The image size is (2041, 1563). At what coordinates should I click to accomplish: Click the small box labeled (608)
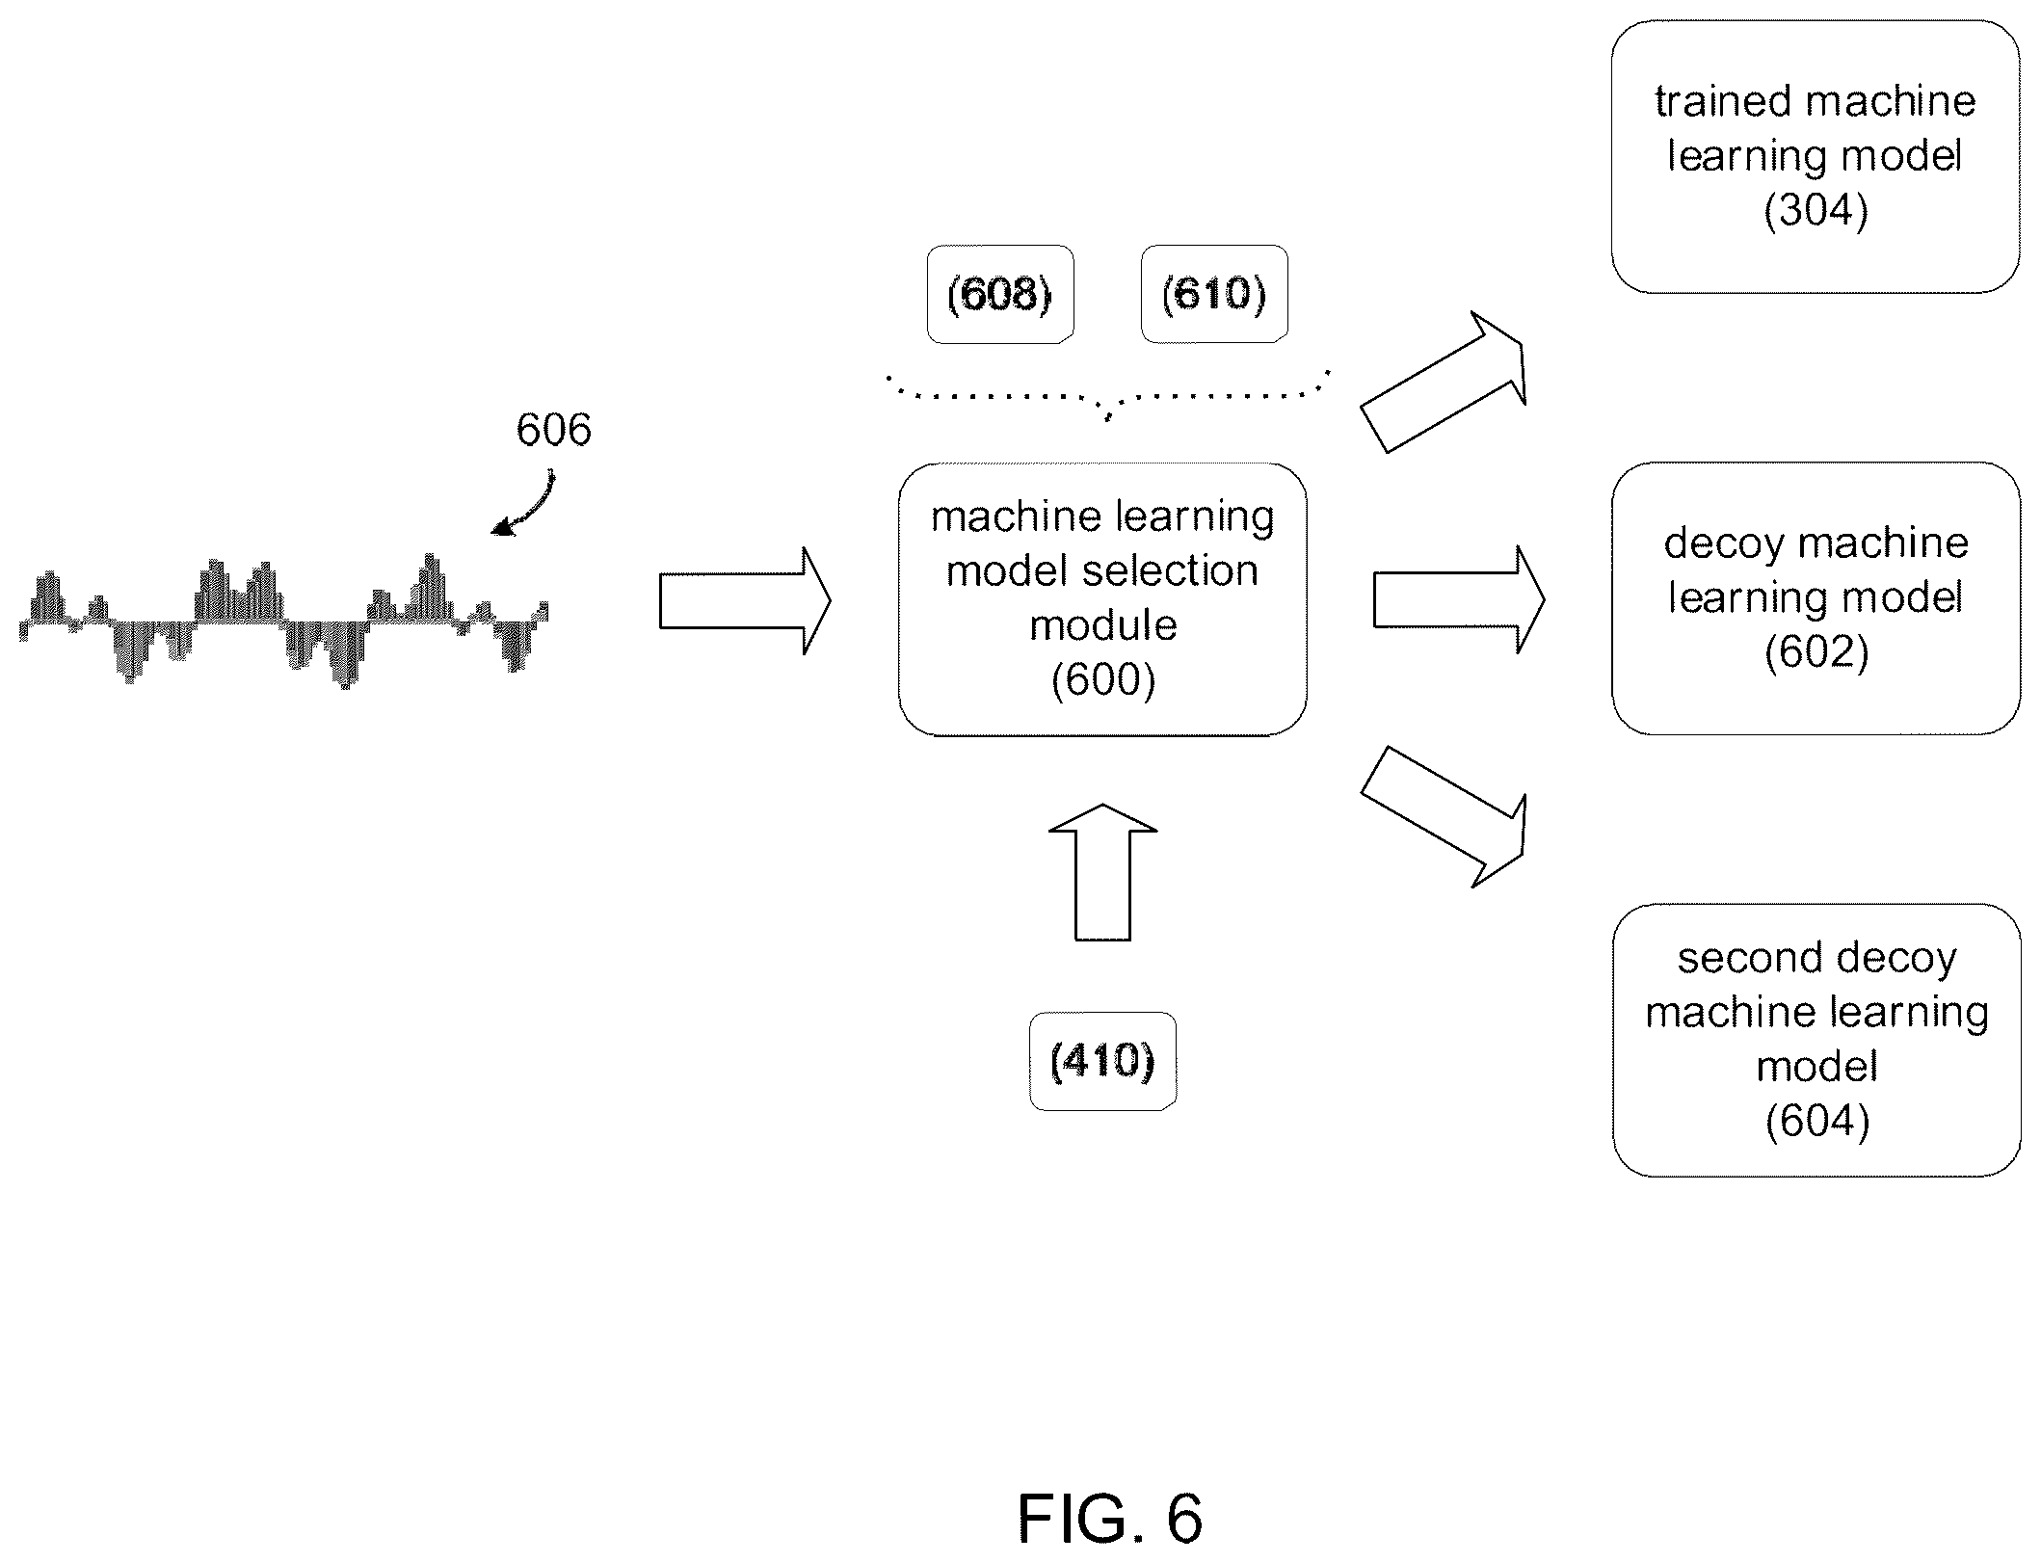[1000, 294]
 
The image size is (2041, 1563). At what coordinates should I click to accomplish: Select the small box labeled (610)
[1214, 294]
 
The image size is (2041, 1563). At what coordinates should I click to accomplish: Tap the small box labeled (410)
[1103, 1061]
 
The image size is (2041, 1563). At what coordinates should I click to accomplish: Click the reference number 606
[553, 430]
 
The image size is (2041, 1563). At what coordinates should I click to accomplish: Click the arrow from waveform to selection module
[745, 601]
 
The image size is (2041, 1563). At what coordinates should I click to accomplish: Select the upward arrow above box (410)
[1102, 871]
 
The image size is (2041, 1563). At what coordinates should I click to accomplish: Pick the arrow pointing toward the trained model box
[1444, 383]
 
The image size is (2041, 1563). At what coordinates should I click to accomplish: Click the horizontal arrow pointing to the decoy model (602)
[1459, 599]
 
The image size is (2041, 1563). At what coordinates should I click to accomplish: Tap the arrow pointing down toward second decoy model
[1444, 816]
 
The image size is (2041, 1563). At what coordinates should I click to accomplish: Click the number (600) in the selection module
[1103, 680]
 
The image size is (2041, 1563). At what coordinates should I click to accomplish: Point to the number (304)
[1816, 210]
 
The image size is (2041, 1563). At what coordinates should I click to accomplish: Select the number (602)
[1817, 652]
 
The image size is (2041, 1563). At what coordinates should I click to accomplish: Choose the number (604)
[1818, 1122]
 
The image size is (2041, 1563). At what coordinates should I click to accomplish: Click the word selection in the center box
[1195, 571]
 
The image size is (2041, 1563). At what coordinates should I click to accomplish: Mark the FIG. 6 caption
[1110, 1519]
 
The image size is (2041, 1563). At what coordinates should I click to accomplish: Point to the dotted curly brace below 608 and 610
[1108, 395]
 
